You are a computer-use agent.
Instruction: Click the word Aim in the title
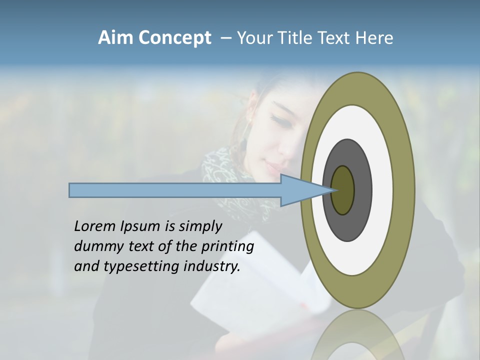point(116,38)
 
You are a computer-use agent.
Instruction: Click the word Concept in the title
point(174,38)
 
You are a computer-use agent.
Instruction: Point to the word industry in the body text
point(212,266)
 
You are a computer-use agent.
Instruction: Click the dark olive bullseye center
point(342,190)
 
